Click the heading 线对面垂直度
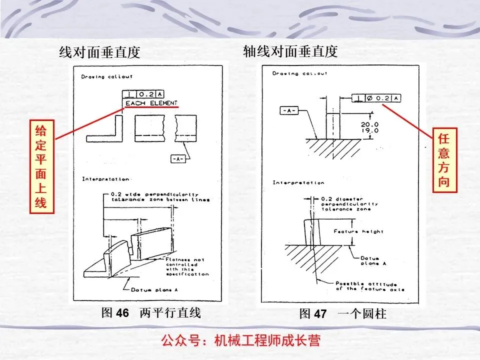tap(99, 52)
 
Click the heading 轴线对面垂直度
tap(290, 51)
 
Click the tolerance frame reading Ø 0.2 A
tap(376, 98)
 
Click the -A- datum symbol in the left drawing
tap(178, 158)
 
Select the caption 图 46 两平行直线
tap(151, 313)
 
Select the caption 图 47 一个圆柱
tap(342, 314)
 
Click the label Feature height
tap(366, 231)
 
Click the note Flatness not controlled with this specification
tap(187, 266)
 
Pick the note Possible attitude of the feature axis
tap(370, 286)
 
